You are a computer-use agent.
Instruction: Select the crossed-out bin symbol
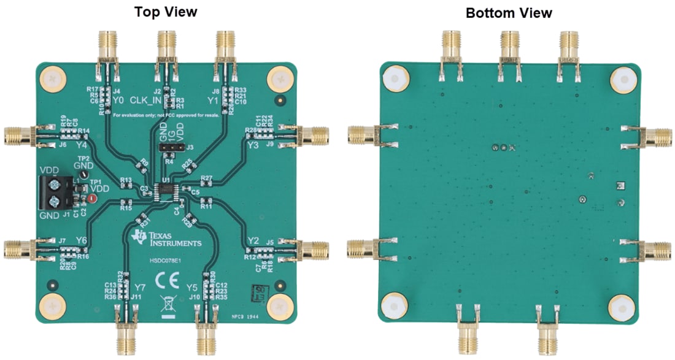[166, 302]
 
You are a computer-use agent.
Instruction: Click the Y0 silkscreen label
[118, 99]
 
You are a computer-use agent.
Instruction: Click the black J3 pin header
[171, 148]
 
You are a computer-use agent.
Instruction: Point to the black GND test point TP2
[81, 176]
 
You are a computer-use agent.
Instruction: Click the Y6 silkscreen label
[81, 240]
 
